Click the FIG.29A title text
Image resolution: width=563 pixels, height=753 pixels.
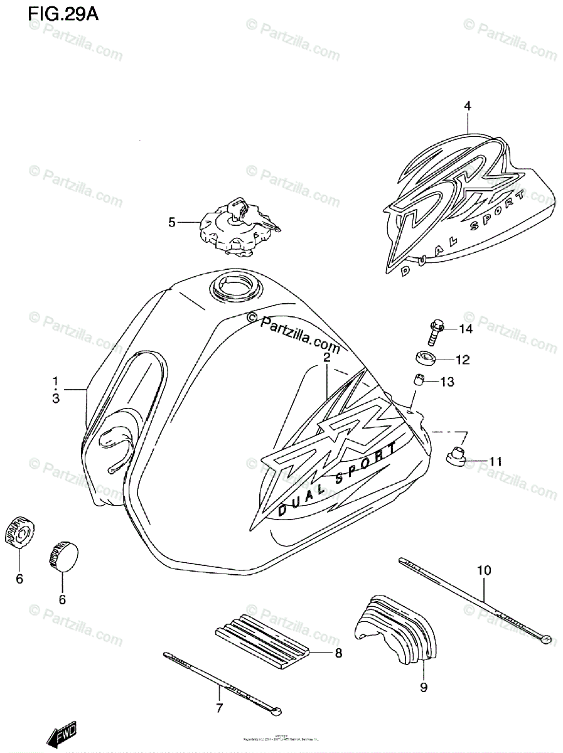point(63,14)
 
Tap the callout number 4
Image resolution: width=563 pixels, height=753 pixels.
point(467,106)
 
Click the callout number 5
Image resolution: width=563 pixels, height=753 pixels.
point(171,222)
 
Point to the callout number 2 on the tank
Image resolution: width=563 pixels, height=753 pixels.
point(327,358)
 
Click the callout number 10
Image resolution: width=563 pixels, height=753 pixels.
point(484,570)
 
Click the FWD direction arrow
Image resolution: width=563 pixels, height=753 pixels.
point(63,734)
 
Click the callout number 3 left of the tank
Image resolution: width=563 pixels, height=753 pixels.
point(56,398)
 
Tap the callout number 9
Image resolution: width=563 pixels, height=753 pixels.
point(424,687)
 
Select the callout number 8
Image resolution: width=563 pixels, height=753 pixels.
point(338,653)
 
